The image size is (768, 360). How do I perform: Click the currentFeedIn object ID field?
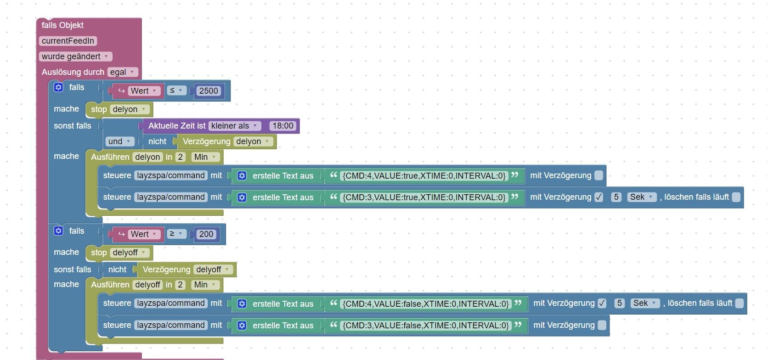[x=68, y=41]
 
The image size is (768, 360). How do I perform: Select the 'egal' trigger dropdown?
[x=123, y=72]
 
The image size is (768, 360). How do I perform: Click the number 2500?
[x=209, y=91]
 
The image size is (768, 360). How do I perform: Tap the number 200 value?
[x=206, y=234]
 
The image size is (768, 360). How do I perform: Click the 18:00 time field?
[x=282, y=126]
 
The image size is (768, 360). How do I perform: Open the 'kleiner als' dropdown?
[x=234, y=126]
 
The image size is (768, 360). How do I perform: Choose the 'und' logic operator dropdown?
[x=119, y=141]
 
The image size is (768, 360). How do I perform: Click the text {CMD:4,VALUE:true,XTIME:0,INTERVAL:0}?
[x=424, y=175]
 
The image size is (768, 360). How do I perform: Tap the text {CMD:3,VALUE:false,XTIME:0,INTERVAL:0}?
[x=426, y=326]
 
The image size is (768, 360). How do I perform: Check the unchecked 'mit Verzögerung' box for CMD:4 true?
[x=599, y=175]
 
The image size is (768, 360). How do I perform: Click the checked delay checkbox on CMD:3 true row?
[x=599, y=197]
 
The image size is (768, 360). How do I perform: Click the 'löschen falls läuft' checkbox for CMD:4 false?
[x=739, y=303]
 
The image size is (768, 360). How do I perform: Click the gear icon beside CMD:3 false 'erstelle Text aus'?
[x=242, y=326]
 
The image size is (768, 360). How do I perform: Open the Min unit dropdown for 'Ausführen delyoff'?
[x=205, y=285]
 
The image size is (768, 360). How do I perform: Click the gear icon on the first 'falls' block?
[x=58, y=87]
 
